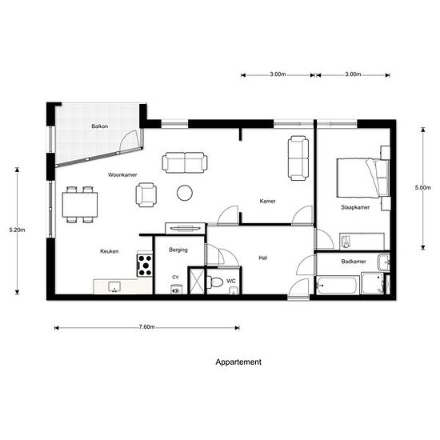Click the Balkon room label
point(100,126)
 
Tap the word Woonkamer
point(122,175)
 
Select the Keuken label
point(109,251)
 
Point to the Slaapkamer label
point(355,207)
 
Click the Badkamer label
point(354,262)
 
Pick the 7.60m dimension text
point(146,327)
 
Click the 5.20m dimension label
point(17,230)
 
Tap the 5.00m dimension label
point(423,187)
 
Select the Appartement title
point(238,362)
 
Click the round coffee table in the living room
point(185,193)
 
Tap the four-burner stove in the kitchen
point(145,265)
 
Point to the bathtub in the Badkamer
point(338,285)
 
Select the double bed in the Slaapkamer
point(363,178)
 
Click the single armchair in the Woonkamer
point(146,194)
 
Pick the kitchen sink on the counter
point(114,286)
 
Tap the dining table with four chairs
point(80,205)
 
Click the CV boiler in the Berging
point(177,290)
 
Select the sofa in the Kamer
point(298,158)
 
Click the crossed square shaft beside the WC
point(197,282)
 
